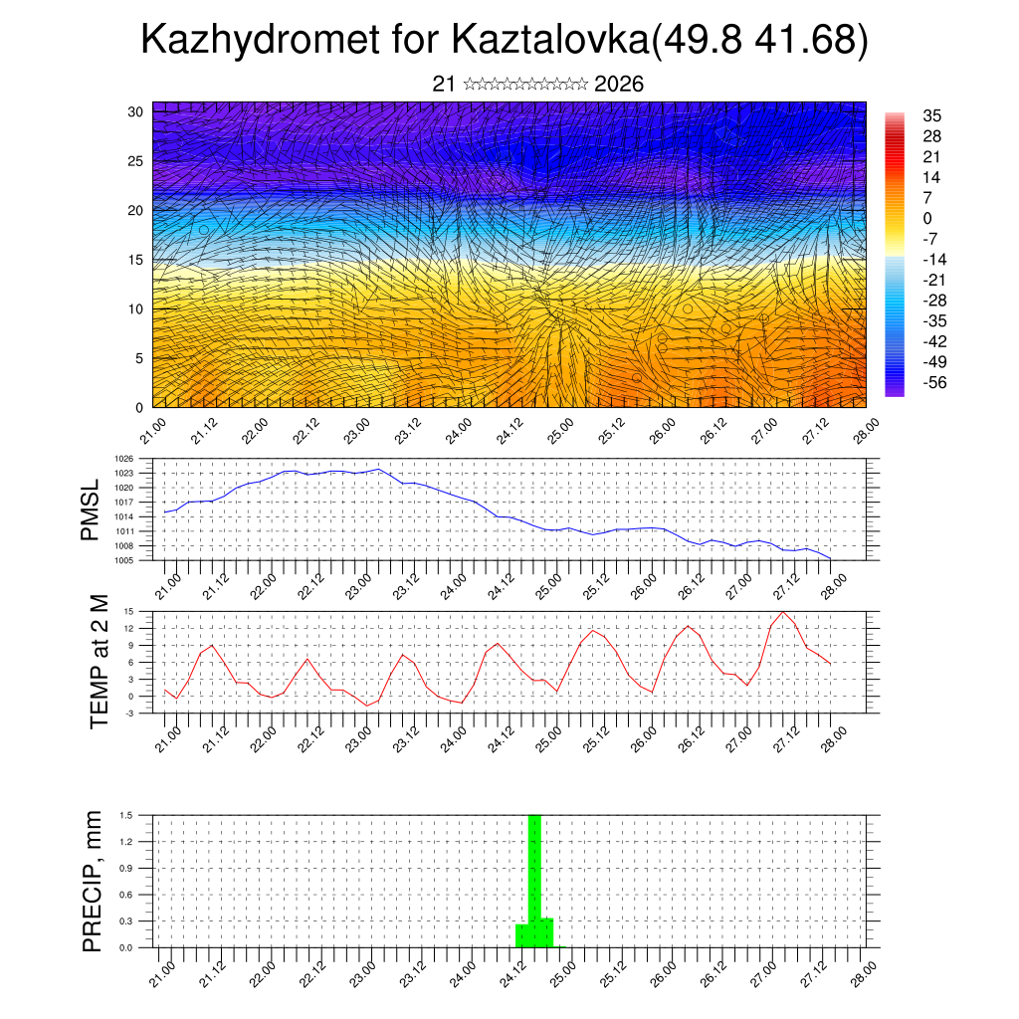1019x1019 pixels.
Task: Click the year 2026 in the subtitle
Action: tap(619, 84)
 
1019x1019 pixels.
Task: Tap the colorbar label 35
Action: tap(932, 115)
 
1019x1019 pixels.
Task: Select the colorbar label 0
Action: tap(927, 218)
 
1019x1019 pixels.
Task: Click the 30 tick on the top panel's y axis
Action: tap(134, 111)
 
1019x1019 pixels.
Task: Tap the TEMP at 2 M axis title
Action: tap(100, 661)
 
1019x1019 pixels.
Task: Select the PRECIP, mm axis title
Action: tap(93, 880)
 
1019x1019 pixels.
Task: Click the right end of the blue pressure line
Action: tap(830, 559)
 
